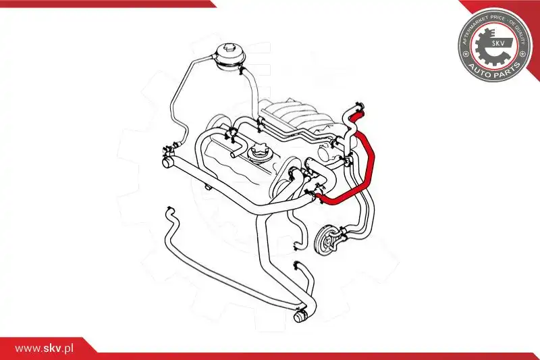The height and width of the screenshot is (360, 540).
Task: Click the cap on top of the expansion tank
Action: [x=230, y=49]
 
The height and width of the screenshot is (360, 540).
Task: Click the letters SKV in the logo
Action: [x=497, y=43]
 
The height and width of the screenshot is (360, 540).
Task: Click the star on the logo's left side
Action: [x=466, y=54]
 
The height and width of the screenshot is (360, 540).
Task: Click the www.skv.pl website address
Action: [x=44, y=349]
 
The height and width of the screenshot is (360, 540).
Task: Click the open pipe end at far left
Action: [x=166, y=162]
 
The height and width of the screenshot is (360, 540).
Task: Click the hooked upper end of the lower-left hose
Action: [x=169, y=212]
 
